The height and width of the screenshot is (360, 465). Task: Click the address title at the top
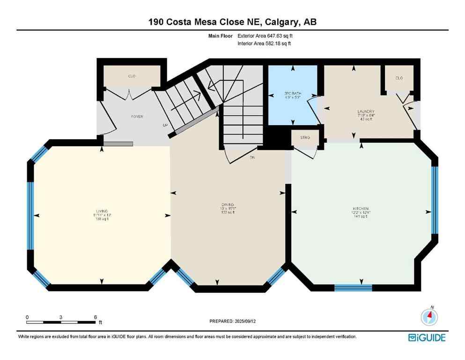(232, 22)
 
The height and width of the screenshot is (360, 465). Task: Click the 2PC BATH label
(293, 94)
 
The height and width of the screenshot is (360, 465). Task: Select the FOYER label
(137, 116)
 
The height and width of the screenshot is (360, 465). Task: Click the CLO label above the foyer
(132, 76)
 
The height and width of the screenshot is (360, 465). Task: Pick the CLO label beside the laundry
(399, 78)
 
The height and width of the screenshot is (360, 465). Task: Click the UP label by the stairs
(165, 126)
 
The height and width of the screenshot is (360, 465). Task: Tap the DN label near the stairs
(251, 157)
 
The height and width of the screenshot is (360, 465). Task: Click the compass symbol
(429, 317)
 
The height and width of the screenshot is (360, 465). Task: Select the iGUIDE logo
(427, 337)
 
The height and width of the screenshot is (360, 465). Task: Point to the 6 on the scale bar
(95, 317)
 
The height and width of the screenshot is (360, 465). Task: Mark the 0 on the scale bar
(28, 317)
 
